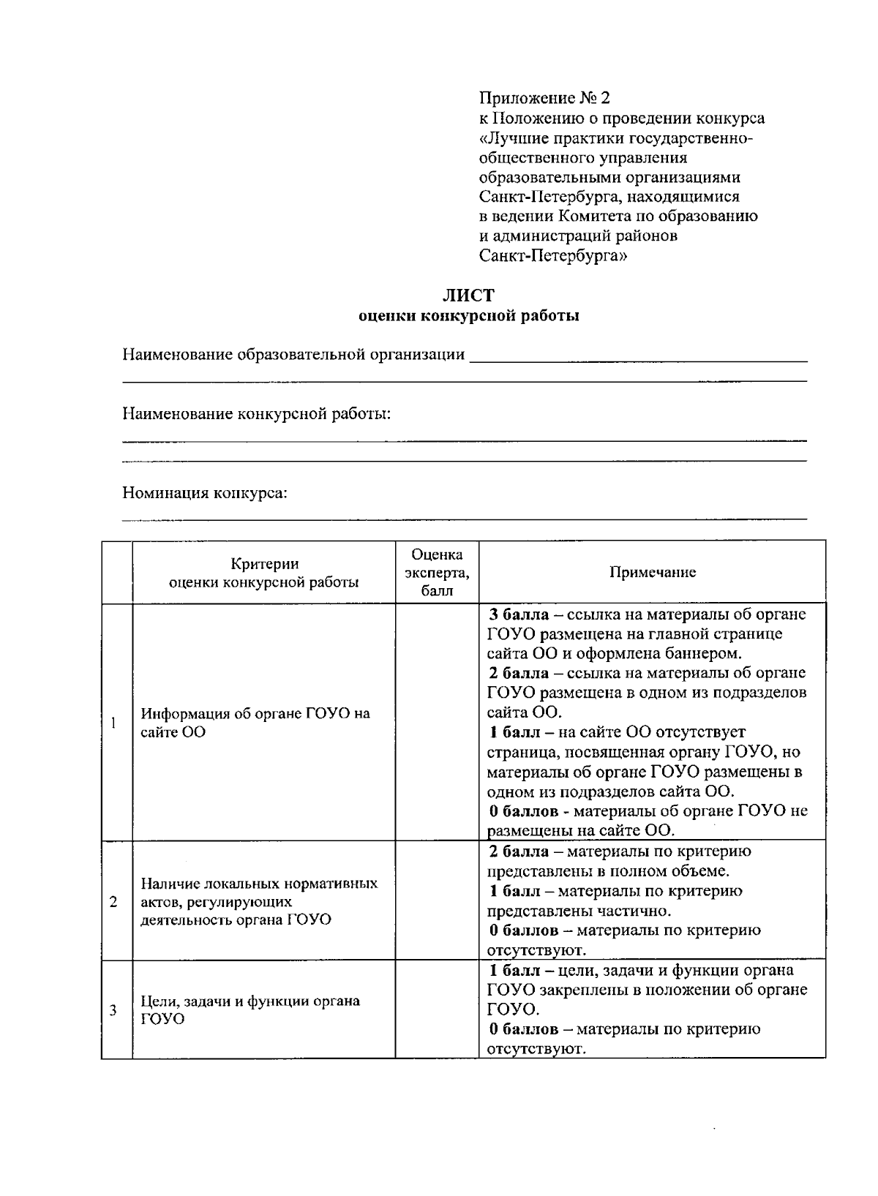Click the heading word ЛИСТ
click(468, 296)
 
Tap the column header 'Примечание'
click(653, 572)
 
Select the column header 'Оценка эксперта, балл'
click(437, 572)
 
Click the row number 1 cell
click(115, 723)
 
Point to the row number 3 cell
click(114, 1010)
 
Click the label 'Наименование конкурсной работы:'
click(256, 414)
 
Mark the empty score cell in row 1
click(437, 723)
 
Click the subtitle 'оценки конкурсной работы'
click(468, 316)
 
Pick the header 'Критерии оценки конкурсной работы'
click(264, 573)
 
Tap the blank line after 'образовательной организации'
click(637, 357)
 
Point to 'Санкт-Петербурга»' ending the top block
click(553, 256)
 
